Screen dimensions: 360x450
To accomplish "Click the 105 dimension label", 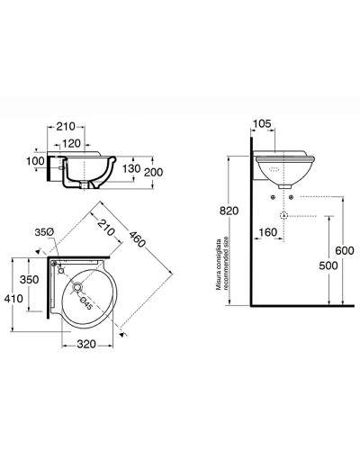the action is [262, 123].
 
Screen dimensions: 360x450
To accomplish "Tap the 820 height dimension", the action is [229, 211].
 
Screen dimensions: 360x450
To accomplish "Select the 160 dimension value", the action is [267, 232].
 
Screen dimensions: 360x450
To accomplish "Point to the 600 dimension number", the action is [345, 250].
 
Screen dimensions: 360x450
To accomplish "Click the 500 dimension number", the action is [328, 265].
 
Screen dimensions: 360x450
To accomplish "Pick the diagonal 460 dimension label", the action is [137, 238].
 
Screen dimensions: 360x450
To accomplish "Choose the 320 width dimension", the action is [86, 344].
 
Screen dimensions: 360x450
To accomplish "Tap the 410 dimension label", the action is [13, 299].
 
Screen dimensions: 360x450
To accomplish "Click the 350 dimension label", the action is [30, 280].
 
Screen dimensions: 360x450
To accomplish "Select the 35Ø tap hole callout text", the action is [44, 232].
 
